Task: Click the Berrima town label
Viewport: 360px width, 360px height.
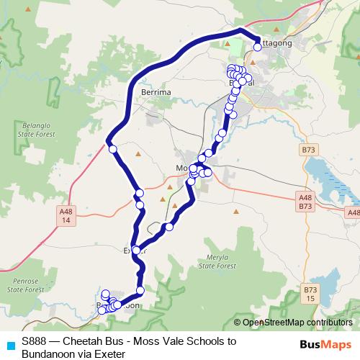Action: (x=156, y=94)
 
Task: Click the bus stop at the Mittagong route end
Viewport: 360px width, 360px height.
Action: (x=258, y=47)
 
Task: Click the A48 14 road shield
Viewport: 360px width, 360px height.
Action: (x=66, y=215)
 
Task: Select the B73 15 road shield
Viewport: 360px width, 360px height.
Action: (x=310, y=294)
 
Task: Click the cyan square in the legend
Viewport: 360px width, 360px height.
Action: (x=9, y=344)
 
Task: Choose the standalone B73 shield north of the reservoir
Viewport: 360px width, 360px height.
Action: (x=309, y=149)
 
